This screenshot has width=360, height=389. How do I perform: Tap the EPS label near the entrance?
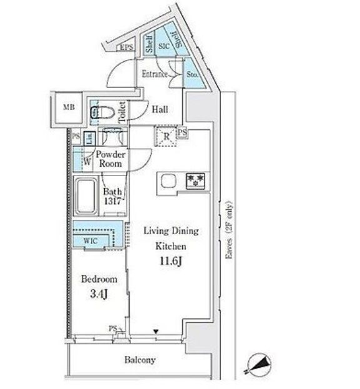pos(127,47)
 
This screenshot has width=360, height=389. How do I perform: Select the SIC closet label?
pos(165,46)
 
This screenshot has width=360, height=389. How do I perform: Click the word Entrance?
pos(153,74)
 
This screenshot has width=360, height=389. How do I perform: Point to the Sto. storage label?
pos(192,76)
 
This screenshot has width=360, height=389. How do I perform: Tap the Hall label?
pos(160,109)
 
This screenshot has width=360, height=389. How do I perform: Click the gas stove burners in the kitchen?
pos(196,181)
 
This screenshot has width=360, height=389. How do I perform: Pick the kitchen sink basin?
pos(169,181)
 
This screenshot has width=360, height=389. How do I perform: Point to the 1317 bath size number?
pos(113,201)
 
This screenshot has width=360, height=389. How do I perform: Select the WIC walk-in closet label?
pos(90,240)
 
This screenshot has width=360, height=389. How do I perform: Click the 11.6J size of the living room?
pos(171,261)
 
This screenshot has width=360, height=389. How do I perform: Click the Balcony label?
pos(140,360)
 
